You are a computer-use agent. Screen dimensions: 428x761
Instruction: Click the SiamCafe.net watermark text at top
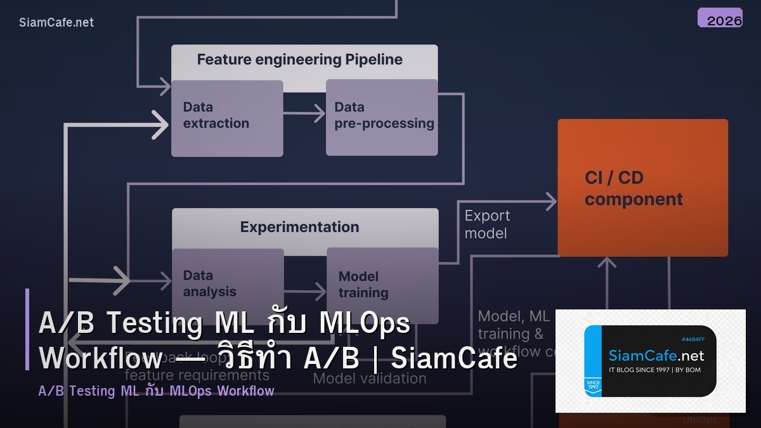tap(56, 22)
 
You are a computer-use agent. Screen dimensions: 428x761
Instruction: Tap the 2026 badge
tap(720, 18)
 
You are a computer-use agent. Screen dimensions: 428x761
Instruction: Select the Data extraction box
tap(227, 118)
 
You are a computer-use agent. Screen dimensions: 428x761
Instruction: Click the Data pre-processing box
tap(382, 117)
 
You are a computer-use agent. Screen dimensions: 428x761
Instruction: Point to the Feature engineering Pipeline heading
tap(299, 60)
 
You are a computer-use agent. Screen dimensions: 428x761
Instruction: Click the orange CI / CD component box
tap(642, 188)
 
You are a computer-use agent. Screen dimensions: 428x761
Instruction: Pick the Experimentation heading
tap(299, 227)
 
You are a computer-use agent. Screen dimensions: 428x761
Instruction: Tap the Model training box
tap(382, 283)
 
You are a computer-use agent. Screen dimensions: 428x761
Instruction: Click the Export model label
tap(486, 224)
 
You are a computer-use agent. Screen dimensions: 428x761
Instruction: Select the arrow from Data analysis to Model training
tap(305, 292)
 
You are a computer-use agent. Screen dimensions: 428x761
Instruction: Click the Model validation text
tap(370, 379)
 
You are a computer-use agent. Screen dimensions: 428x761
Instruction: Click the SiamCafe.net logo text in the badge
tap(656, 355)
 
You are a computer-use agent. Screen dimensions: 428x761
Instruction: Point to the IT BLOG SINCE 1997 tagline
tap(654, 370)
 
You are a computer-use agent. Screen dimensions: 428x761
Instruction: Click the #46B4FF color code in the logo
tap(692, 339)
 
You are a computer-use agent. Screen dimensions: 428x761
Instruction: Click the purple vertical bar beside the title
tap(27, 329)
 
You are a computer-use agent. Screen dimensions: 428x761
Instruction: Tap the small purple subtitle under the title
tap(156, 391)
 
